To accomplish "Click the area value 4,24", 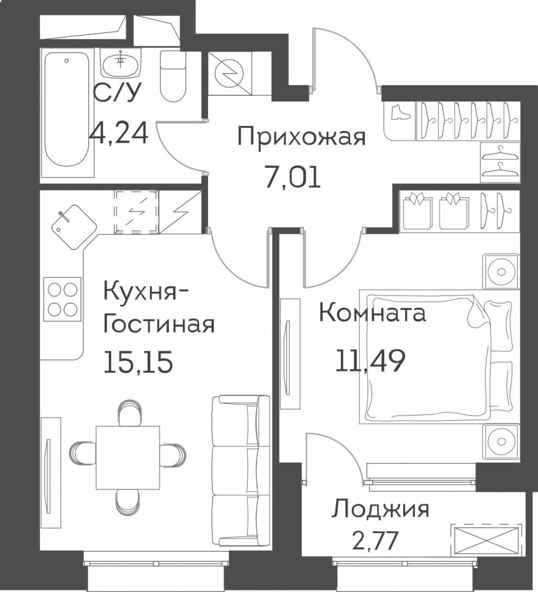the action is pyautogui.click(x=118, y=132).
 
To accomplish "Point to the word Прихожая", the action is pyautogui.click(x=302, y=137).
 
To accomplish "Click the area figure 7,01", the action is pyautogui.click(x=293, y=178).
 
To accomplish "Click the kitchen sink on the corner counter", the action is pyautogui.click(x=75, y=227).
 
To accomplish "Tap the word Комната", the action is pyautogui.click(x=372, y=313).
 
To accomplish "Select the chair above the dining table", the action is pyautogui.click(x=130, y=413).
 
